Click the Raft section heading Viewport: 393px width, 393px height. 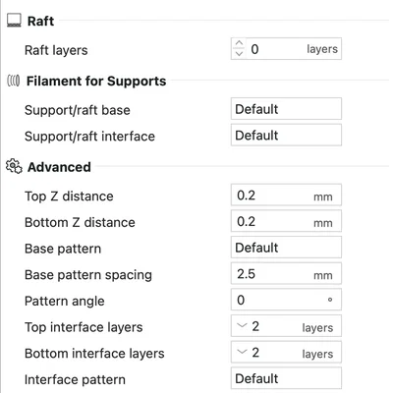40,21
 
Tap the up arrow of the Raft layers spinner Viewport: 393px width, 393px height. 239,43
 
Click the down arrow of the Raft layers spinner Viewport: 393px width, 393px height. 239,53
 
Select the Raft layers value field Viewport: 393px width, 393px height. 286,49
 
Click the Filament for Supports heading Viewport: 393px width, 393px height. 96,81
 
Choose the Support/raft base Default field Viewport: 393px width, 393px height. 286,109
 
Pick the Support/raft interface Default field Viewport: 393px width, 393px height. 286,135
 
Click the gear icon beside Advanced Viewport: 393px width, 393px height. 14,166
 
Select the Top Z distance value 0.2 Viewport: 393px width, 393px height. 246,196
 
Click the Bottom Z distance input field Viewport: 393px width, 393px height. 286,221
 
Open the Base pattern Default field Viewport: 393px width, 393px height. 286,248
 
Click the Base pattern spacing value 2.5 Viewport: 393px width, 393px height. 246,274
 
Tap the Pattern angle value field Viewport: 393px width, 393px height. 286,300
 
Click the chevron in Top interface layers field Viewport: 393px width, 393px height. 242,326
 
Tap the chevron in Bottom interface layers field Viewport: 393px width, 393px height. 242,352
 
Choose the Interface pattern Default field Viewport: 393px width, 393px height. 286,378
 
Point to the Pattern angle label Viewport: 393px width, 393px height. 65,302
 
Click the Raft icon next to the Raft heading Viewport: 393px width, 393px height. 14,21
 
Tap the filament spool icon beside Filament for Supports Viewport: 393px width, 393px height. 14,81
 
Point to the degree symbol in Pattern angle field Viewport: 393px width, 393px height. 330,300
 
